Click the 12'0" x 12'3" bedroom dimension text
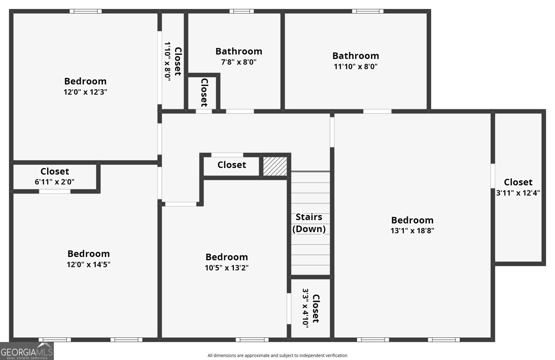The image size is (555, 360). click(85, 92)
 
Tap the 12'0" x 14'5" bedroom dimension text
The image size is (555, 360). click(88, 265)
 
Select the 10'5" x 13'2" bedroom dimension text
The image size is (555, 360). click(227, 268)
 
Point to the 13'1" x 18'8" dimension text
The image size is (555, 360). click(412, 231)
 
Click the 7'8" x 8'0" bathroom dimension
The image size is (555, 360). click(239, 62)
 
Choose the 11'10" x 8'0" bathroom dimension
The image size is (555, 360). click(356, 66)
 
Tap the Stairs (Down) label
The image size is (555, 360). click(309, 223)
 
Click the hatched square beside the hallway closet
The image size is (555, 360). click(275, 166)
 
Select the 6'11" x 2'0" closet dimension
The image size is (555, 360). click(54, 182)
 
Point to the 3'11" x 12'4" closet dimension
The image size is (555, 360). click(518, 193)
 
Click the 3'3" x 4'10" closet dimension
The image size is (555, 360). click(306, 308)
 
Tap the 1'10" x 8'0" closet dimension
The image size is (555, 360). click(168, 61)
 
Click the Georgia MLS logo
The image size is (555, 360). click(27, 351)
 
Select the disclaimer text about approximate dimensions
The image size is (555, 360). click(277, 355)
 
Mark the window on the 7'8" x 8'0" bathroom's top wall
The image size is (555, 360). click(241, 11)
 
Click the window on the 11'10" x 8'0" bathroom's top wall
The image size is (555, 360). click(368, 11)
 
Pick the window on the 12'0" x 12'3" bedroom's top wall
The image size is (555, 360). click(85, 11)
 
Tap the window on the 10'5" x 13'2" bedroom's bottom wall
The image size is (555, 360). click(252, 340)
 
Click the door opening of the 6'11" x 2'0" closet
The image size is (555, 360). click(54, 191)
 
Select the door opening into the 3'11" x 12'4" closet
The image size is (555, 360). click(493, 176)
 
